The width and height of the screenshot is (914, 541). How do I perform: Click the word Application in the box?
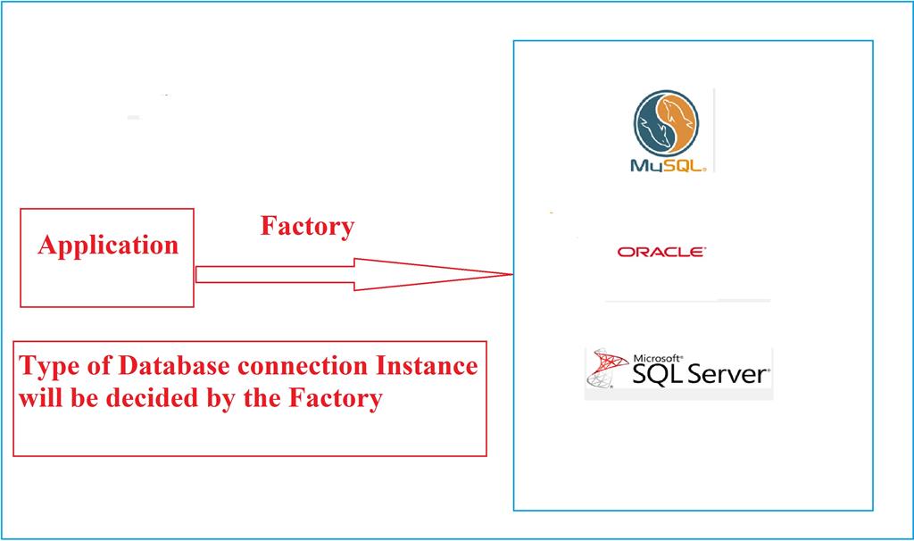point(108,245)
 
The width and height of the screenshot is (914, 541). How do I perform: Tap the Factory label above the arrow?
point(307,227)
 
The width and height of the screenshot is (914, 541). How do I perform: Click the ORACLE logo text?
point(661,253)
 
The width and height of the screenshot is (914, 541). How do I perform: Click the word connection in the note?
point(300,367)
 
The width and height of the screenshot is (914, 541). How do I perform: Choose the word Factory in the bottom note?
point(336,397)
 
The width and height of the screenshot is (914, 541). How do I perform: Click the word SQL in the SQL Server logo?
point(656,374)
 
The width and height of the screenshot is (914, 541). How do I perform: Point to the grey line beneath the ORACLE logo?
point(687,301)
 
